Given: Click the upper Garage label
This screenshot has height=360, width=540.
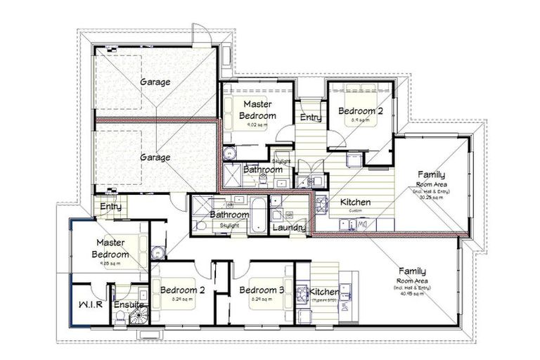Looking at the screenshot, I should click(155, 82).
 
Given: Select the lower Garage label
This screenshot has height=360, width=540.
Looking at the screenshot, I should click(155, 157).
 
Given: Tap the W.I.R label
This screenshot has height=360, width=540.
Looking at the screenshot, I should click(89, 305).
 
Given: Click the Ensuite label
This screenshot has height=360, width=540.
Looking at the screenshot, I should click(129, 305).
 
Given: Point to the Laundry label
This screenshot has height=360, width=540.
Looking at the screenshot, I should click(288, 228).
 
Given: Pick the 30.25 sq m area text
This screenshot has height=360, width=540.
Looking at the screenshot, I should click(431, 198).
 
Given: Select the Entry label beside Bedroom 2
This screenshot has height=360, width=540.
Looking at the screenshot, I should click(310, 117).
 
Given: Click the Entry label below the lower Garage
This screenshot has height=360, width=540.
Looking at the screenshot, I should click(110, 207).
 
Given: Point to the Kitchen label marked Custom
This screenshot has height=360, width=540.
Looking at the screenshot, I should click(355, 202).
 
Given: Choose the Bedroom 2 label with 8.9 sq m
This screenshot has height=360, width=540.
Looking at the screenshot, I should click(360, 111).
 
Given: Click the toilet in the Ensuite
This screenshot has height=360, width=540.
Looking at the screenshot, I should click(119, 318).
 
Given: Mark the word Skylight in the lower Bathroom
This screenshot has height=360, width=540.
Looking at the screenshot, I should click(229, 225).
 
